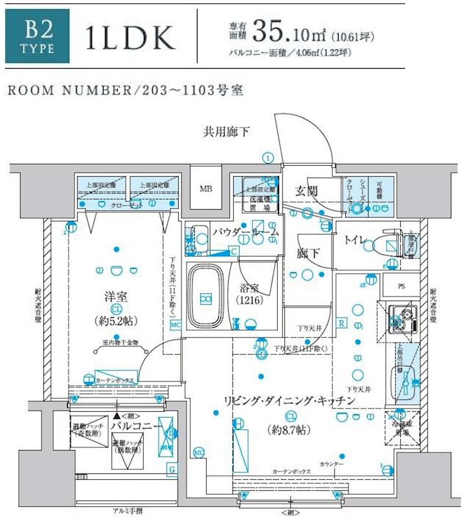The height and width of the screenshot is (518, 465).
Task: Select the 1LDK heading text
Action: tap(130, 39)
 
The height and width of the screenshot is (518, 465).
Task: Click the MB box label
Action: tap(206, 189)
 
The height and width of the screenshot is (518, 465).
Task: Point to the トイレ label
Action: tap(354, 240)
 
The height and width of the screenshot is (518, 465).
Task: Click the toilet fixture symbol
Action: tap(382, 244)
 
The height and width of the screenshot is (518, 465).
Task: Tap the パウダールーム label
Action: tap(246, 231)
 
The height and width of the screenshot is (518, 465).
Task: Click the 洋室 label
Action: tap(115, 297)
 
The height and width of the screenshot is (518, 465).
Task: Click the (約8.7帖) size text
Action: tap(290, 429)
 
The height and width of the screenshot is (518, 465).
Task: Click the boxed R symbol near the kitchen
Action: tap(342, 321)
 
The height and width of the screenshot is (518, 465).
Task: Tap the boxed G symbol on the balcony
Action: tap(172, 468)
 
